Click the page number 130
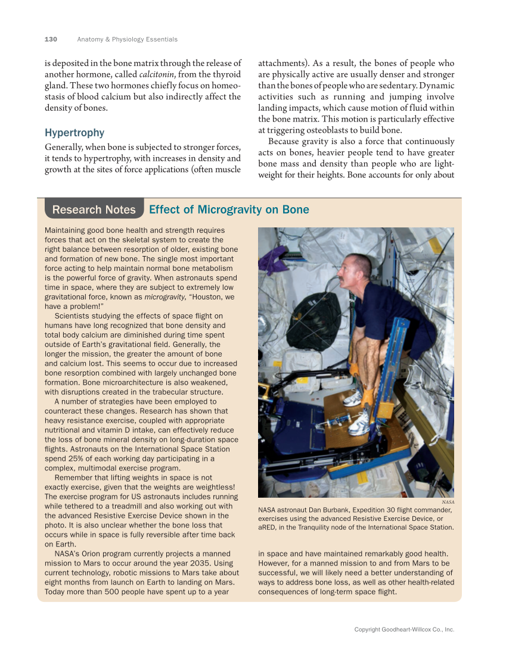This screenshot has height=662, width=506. (x=51, y=39)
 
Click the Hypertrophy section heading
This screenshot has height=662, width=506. (x=74, y=133)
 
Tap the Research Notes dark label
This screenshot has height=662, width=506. (x=94, y=210)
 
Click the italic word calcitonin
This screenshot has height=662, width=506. (x=157, y=74)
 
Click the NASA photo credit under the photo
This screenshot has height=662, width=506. (x=447, y=502)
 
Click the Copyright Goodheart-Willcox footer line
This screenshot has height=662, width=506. (x=404, y=629)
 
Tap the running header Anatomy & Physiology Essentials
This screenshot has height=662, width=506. (x=127, y=39)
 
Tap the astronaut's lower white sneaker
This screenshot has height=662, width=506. (x=359, y=424)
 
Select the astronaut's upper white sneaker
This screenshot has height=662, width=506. (x=353, y=397)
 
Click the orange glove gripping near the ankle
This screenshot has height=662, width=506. (x=368, y=396)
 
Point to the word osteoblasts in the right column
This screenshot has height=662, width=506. (x=330, y=130)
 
